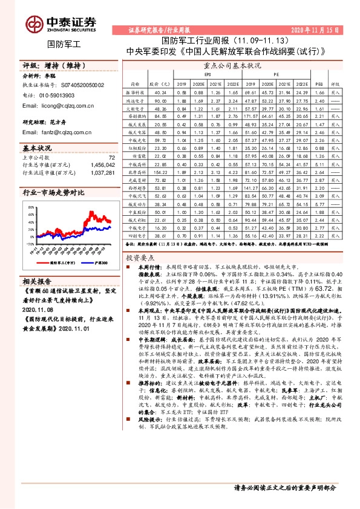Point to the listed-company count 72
pos(111,158)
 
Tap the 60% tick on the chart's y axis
pos(31,207)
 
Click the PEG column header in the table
pos(320,84)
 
